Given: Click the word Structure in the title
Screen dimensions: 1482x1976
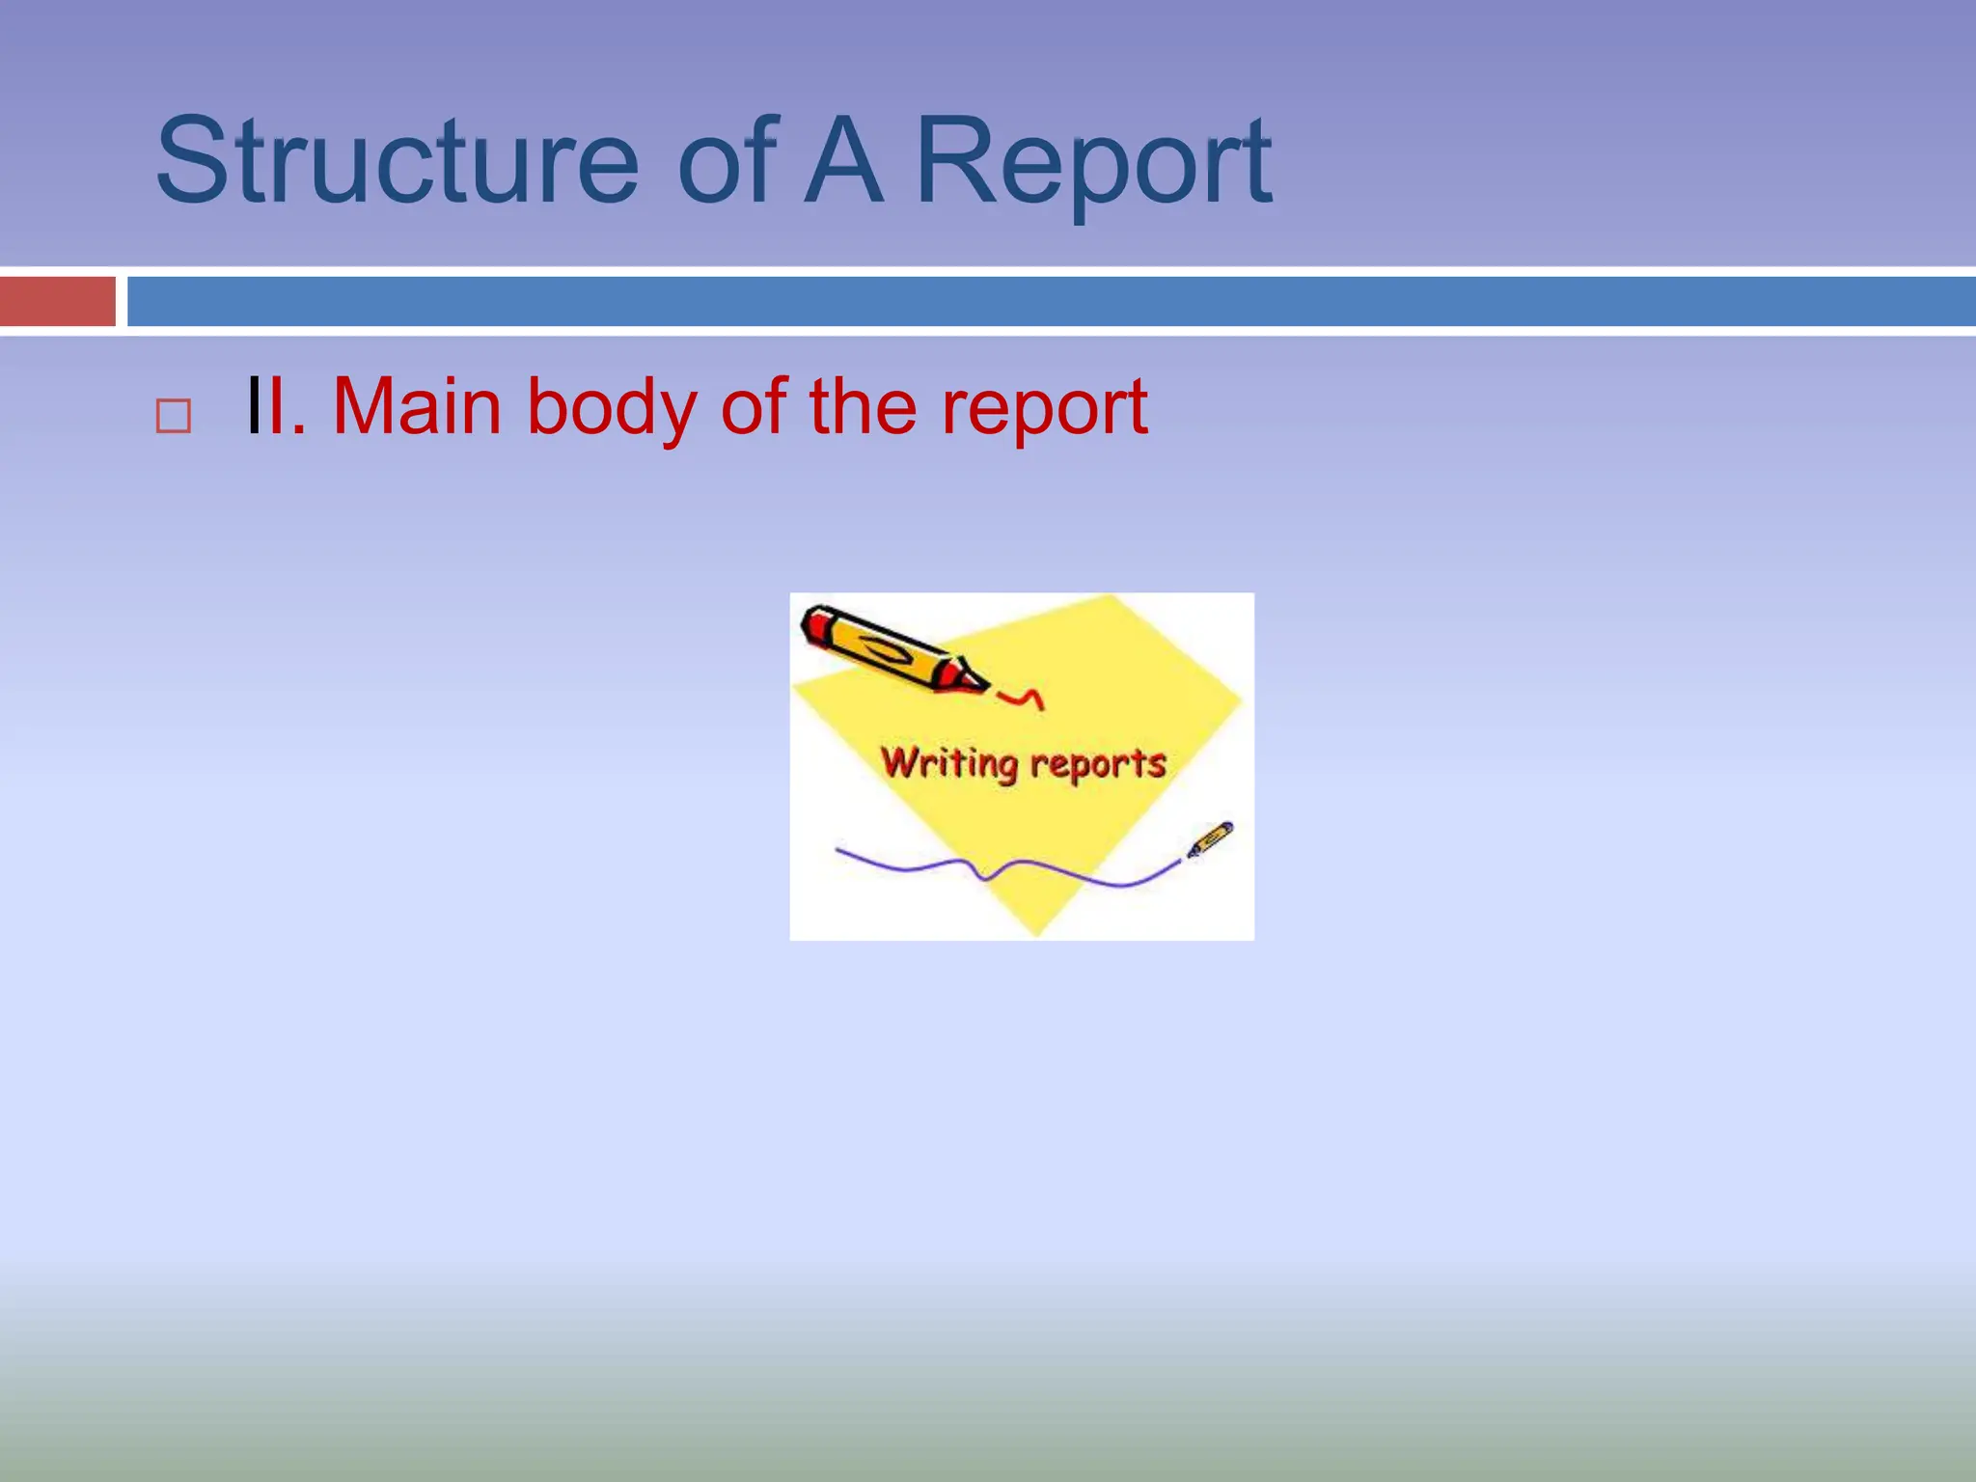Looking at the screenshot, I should coord(397,161).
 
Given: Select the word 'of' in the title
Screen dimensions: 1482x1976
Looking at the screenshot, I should coord(727,161).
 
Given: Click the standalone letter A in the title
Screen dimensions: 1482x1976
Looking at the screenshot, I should coord(843,161).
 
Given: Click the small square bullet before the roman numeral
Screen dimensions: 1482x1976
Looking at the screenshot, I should coord(174,416).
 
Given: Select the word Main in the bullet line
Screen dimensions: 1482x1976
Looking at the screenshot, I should coord(417,407).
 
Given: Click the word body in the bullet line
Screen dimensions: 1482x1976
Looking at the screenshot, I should coord(611,409).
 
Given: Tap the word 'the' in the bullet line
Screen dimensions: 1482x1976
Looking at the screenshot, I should coord(863,407).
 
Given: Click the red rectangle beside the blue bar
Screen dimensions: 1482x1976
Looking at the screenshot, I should coord(57,301).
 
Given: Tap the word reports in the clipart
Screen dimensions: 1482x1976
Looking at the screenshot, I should coord(1098,764).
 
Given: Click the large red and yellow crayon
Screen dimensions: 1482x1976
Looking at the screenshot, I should coord(883,648).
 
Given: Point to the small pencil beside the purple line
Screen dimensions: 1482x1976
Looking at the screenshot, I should coord(1210,838).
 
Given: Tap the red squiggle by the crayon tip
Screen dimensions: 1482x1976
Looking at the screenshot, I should coord(1021,697).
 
